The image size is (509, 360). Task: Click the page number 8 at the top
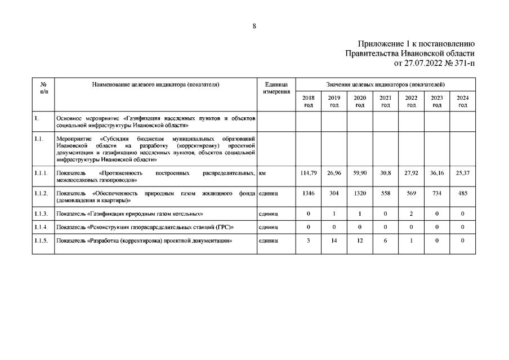[254, 26]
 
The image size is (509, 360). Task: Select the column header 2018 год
[308, 101]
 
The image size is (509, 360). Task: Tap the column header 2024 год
[462, 101]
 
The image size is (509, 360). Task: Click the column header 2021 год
[386, 101]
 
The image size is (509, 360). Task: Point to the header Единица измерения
[276, 88]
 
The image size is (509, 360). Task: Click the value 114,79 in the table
[308, 173]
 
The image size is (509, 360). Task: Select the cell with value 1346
[308, 193]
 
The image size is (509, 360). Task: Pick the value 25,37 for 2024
[462, 173]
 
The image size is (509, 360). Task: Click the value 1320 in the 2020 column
[360, 193]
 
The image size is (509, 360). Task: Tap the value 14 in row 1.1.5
[334, 241]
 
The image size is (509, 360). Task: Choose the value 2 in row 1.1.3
[411, 214]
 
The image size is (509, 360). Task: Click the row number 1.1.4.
[42, 227]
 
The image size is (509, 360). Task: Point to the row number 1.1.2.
[42, 193]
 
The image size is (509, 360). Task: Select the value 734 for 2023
[437, 193]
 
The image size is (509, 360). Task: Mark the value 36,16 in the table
[437, 173]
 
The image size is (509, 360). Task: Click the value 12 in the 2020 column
[360, 241]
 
